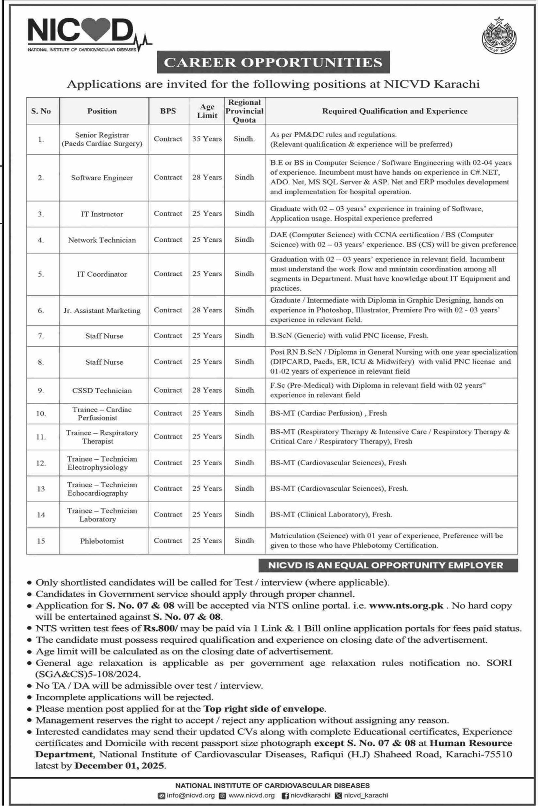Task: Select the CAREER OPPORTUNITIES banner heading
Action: click(273, 62)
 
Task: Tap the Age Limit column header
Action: click(207, 111)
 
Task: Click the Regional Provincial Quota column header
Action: click(244, 111)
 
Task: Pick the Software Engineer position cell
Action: click(102, 178)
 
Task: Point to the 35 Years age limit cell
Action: click(207, 139)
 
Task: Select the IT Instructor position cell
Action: click(102, 214)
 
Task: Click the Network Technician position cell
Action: click(102, 240)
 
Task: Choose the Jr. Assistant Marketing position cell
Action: click(102, 310)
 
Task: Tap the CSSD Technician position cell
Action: click(102, 390)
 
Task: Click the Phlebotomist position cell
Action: click(102, 541)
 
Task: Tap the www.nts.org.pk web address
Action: click(406, 605)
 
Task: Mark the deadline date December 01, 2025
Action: click(120, 766)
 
